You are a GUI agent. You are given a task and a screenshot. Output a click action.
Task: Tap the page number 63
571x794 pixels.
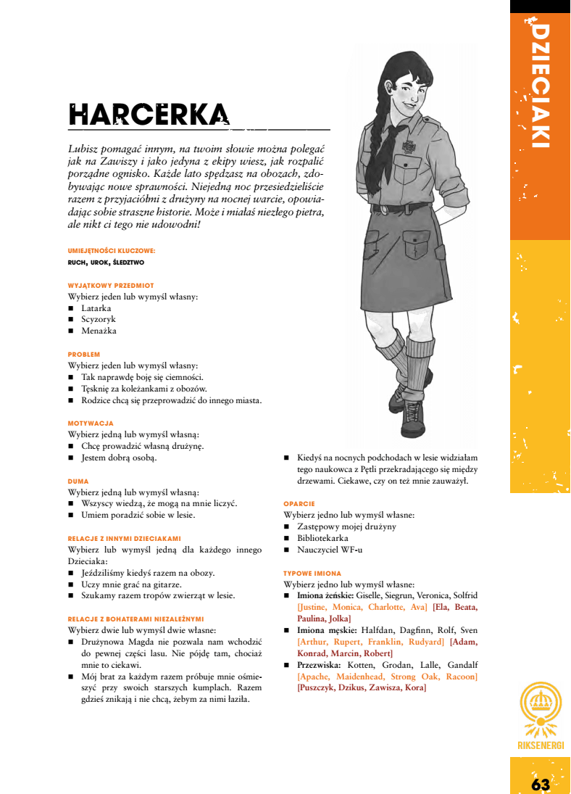pyautogui.click(x=541, y=785)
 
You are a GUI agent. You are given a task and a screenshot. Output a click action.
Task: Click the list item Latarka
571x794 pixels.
pyautogui.click(x=96, y=308)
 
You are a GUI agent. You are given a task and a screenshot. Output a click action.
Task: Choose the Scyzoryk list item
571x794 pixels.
pyautogui.click(x=99, y=319)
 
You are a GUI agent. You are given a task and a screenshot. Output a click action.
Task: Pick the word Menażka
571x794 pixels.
pyautogui.click(x=99, y=331)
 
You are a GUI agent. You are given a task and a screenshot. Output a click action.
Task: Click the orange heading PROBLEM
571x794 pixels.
pyautogui.click(x=83, y=355)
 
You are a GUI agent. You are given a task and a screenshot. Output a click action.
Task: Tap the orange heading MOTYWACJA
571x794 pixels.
pyautogui.click(x=91, y=423)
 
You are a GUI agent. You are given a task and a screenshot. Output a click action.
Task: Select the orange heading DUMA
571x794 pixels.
pyautogui.click(x=78, y=481)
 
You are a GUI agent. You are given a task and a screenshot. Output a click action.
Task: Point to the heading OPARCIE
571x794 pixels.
pyautogui.click(x=299, y=503)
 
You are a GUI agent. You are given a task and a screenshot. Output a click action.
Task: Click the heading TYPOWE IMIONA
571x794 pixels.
pyautogui.click(x=312, y=573)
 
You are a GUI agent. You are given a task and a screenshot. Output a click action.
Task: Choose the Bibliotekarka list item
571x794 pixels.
pyautogui.click(x=322, y=538)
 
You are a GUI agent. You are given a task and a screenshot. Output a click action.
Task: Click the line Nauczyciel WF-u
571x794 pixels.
pyautogui.click(x=329, y=550)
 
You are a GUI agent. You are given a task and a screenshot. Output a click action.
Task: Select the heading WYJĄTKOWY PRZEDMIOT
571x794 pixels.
pyautogui.click(x=111, y=286)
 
